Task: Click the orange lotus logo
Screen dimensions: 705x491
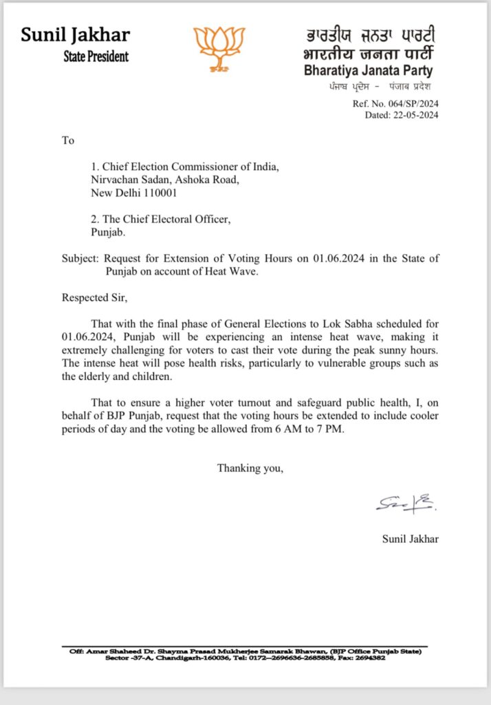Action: click(x=219, y=47)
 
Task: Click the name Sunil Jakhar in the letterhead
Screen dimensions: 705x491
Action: click(x=75, y=34)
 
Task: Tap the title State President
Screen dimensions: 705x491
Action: click(x=96, y=56)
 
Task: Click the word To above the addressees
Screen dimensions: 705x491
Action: click(x=67, y=140)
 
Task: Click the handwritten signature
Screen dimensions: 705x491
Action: click(x=405, y=505)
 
